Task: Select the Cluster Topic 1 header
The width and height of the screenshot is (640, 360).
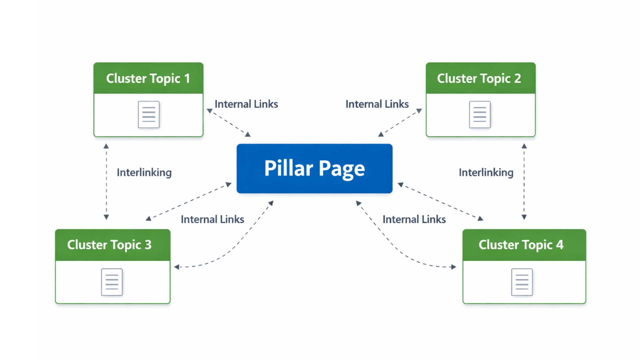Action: click(x=148, y=78)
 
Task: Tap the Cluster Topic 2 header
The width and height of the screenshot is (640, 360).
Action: click(x=480, y=78)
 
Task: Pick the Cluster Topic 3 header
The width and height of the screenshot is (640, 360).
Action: click(x=113, y=245)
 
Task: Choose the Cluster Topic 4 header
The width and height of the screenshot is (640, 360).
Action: click(x=524, y=245)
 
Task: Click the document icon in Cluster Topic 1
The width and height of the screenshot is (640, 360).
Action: click(x=149, y=114)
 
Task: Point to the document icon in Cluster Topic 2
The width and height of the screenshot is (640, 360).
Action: click(x=480, y=114)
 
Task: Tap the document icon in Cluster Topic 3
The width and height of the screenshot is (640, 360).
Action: click(x=112, y=282)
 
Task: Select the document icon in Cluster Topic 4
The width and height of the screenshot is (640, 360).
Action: click(x=522, y=282)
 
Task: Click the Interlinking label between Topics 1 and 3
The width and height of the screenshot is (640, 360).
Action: click(x=144, y=172)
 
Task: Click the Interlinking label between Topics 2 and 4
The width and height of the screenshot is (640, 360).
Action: click(x=486, y=172)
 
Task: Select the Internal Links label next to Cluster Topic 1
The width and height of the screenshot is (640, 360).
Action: click(x=246, y=104)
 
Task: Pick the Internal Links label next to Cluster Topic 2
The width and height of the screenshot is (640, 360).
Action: click(x=377, y=104)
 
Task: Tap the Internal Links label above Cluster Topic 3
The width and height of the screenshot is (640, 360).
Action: click(x=212, y=219)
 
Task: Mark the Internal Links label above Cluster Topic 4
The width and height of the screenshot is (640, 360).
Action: click(x=414, y=219)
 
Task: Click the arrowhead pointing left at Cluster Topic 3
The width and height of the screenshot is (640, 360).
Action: click(x=177, y=267)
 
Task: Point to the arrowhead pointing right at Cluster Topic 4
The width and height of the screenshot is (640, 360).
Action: click(x=453, y=267)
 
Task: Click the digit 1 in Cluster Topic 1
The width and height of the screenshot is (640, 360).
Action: click(x=187, y=79)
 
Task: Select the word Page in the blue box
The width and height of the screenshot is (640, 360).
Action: click(x=342, y=168)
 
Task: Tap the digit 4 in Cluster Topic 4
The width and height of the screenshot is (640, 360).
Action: click(x=560, y=245)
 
